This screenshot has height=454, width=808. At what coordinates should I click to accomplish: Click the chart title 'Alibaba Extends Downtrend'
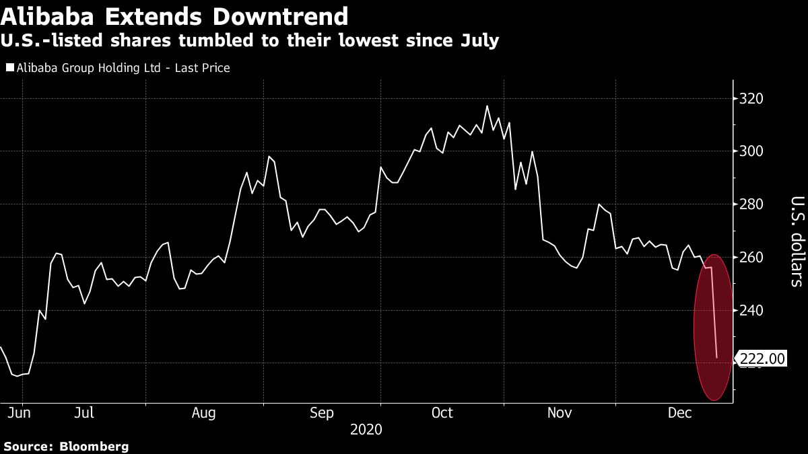coord(176,16)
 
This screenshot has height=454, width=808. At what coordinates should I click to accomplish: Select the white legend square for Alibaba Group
coord(9,68)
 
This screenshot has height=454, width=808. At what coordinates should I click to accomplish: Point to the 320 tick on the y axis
coord(751,99)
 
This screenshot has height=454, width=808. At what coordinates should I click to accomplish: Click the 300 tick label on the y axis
coord(751,151)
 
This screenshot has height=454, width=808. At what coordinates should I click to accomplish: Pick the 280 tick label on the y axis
coord(751,204)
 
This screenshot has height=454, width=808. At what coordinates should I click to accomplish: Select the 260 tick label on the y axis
coord(751,258)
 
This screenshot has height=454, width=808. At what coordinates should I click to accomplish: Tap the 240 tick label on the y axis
coord(751,311)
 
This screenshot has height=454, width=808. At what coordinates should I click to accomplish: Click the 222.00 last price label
coord(762,359)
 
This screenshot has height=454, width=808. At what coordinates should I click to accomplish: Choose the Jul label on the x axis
coord(83,412)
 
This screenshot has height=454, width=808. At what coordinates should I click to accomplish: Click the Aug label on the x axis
coord(203,412)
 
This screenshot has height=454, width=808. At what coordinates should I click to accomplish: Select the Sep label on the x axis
coord(322,412)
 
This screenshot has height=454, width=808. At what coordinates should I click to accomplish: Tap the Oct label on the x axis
coord(442,412)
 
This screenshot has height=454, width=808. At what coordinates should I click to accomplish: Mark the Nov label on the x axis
coord(560,412)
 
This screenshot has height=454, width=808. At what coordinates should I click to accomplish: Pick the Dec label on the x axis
coord(679,412)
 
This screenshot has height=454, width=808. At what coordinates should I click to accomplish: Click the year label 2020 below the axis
coord(367,429)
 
